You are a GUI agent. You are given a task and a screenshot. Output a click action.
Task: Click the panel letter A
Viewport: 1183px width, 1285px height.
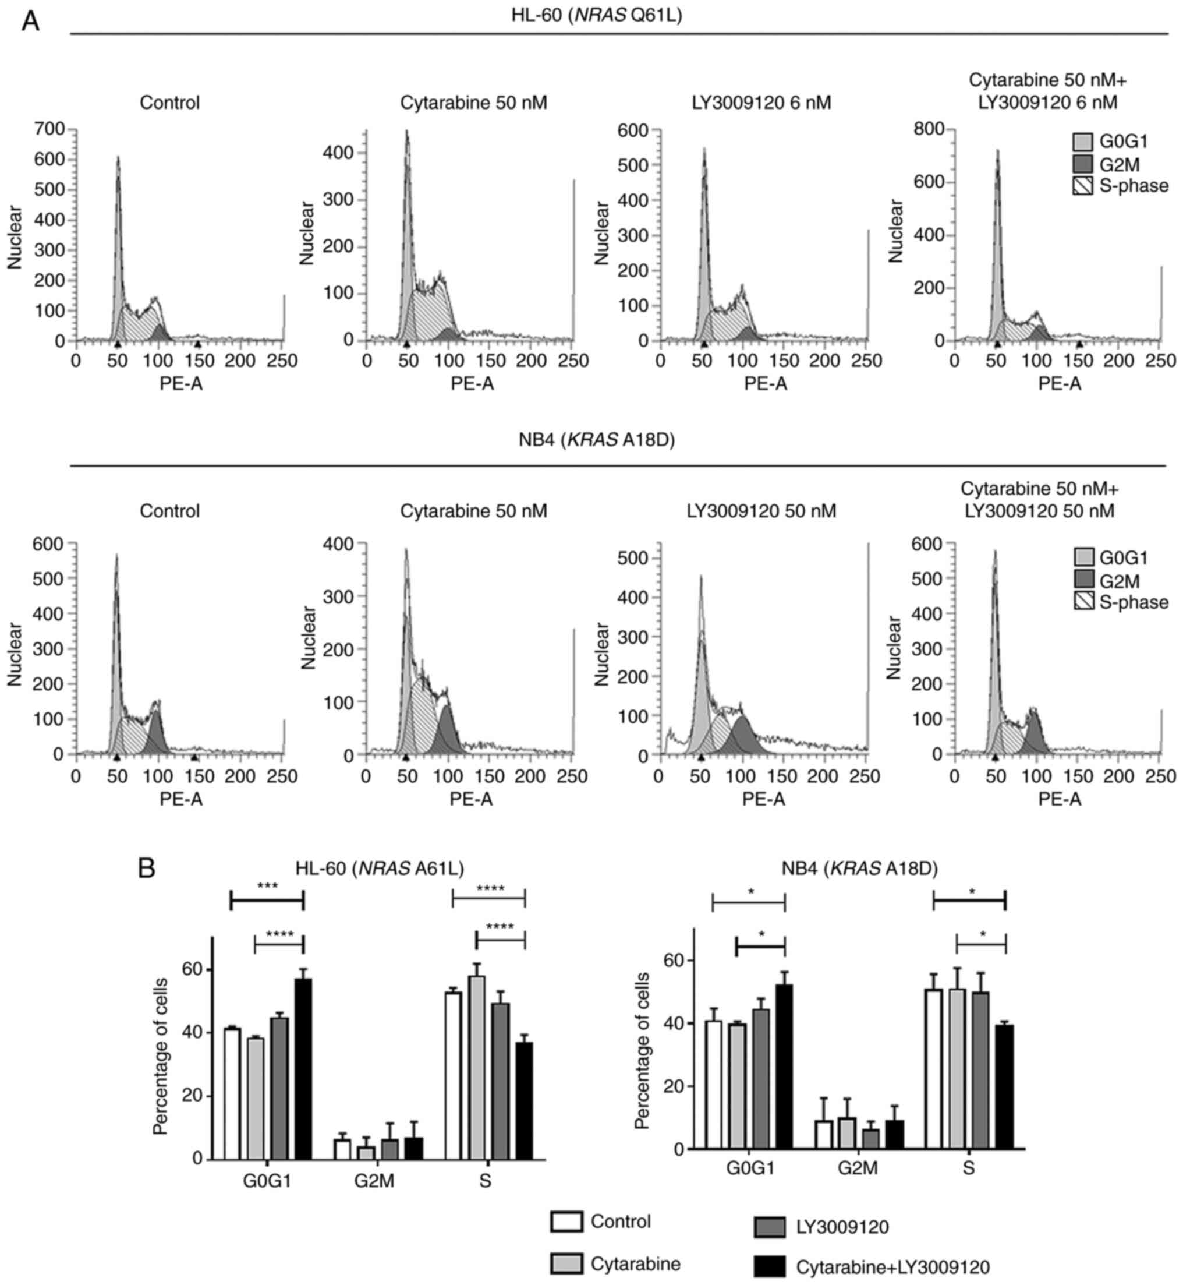click(30, 22)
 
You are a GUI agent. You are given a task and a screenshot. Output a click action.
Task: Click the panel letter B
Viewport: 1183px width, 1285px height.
click(147, 869)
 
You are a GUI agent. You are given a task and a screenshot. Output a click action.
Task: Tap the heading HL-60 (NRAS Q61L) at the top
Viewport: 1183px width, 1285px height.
click(596, 15)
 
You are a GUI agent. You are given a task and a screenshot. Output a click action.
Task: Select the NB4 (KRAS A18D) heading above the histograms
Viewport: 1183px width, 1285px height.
click(596, 440)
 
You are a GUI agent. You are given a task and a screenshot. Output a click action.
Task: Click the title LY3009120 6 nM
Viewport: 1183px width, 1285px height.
click(761, 103)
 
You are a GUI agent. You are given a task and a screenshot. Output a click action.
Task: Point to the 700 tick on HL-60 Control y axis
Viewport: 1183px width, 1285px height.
click(49, 129)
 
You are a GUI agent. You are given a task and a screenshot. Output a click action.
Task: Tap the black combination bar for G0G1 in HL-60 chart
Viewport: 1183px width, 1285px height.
click(303, 1068)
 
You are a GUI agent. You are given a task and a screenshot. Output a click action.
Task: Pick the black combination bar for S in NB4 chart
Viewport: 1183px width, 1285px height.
click(1005, 1087)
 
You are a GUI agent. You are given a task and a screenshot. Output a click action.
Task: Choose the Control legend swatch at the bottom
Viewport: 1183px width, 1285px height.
click(566, 1222)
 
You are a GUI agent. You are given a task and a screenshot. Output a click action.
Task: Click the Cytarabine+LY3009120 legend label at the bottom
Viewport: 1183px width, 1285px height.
click(892, 1267)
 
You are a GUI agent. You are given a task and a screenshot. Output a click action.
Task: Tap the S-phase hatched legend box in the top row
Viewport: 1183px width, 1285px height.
click(1082, 186)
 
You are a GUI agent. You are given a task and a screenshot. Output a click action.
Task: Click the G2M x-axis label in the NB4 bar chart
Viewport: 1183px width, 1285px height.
click(858, 1168)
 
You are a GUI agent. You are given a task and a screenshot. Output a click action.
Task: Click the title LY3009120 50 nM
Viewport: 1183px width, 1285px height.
click(761, 511)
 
